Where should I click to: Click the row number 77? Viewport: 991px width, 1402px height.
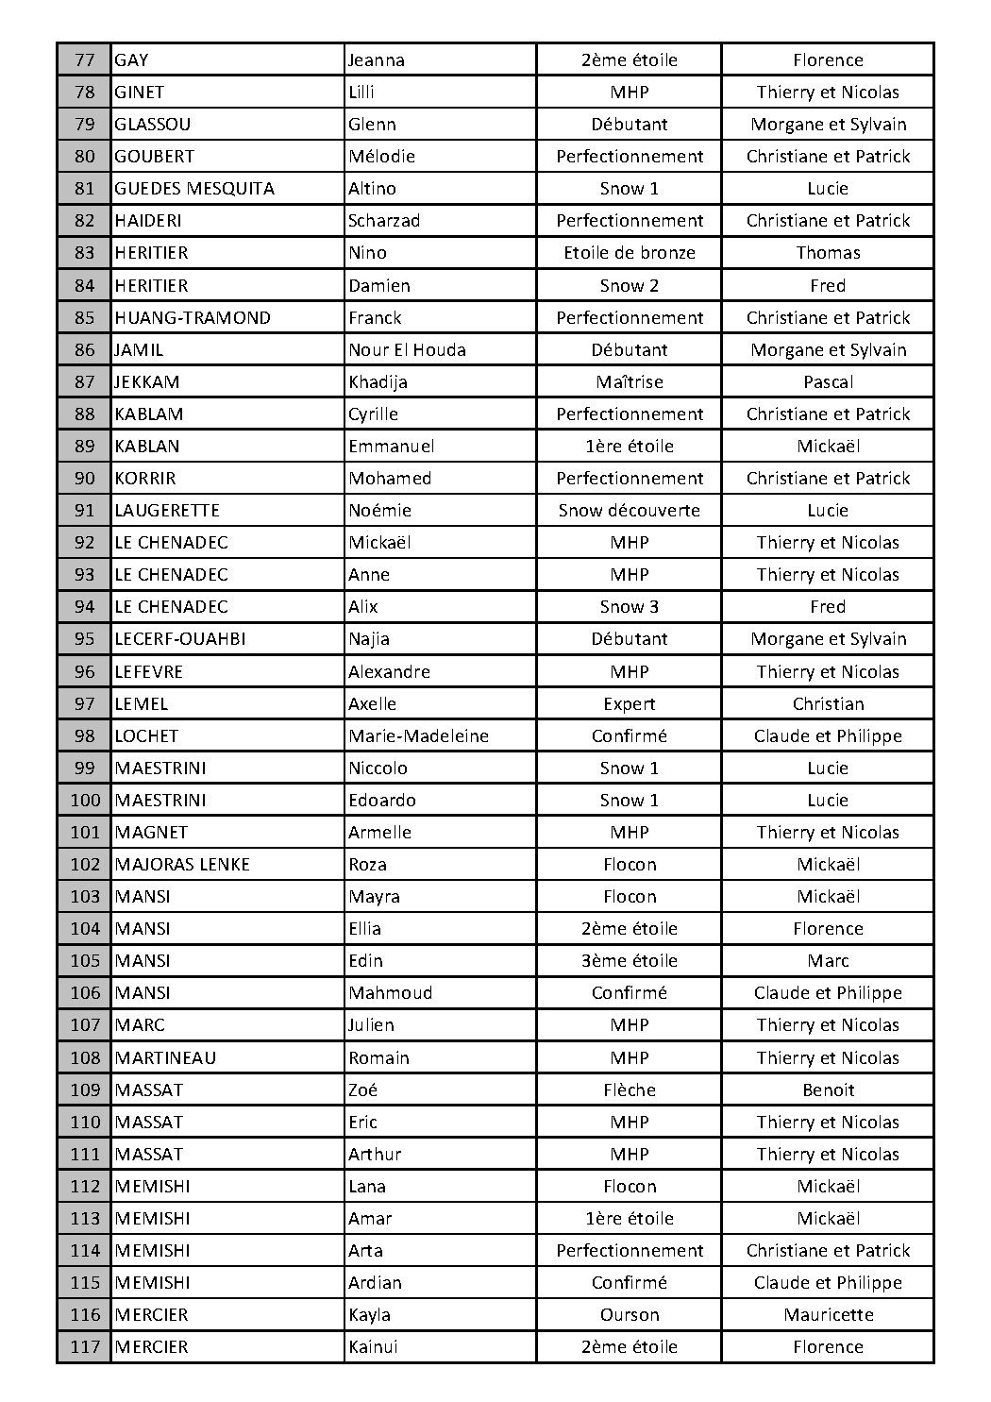84,60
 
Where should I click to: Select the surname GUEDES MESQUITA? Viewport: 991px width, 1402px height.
194,189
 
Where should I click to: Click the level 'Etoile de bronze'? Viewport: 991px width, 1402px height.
630,253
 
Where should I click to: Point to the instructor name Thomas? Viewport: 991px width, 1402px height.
828,253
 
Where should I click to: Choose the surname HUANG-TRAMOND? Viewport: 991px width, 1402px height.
193,318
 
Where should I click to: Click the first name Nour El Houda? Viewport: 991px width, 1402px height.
407,350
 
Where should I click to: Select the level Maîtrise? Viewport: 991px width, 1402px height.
630,382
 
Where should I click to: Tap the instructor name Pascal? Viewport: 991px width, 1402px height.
828,382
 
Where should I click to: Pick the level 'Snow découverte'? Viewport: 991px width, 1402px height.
630,511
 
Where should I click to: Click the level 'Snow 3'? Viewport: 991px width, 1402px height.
630,607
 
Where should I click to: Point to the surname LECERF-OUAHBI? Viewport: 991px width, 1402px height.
180,639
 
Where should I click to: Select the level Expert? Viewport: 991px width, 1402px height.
630,704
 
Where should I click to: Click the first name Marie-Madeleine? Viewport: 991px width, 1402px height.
418,736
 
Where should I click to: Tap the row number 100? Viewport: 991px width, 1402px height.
85,801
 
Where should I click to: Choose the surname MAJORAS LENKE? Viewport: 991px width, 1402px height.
182,865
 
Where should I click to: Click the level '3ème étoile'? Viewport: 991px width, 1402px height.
630,961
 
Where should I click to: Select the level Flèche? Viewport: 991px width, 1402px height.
630,1090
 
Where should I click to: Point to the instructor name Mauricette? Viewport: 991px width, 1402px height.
828,1315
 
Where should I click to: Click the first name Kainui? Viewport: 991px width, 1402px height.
373,1347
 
